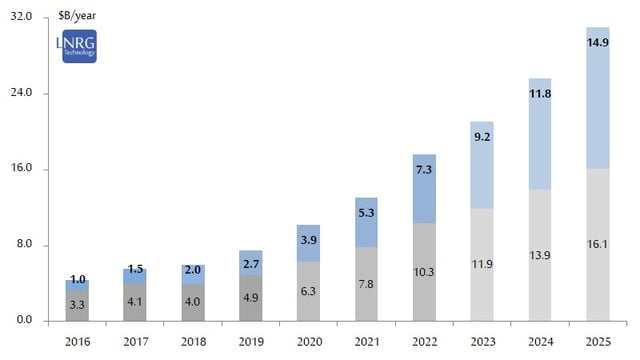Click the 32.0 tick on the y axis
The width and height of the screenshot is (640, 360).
(x=21, y=18)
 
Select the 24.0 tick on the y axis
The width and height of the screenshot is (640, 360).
(x=21, y=93)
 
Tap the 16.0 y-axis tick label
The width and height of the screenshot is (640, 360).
(x=21, y=169)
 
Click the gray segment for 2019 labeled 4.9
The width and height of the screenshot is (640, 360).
(x=250, y=298)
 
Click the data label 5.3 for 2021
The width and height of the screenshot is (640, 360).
(x=366, y=213)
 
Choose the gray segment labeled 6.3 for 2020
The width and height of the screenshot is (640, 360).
(x=308, y=291)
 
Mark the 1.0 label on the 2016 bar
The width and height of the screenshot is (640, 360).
(x=77, y=279)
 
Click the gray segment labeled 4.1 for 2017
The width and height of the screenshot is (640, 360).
(x=134, y=301)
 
